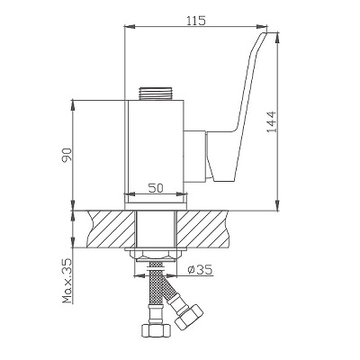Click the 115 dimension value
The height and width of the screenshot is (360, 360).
[x=196, y=21]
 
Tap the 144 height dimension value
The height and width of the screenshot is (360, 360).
[x=271, y=122]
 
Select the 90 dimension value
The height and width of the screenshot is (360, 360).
[x=67, y=155]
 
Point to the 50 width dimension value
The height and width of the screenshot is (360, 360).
[x=156, y=188]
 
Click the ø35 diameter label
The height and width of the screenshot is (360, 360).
[x=200, y=270]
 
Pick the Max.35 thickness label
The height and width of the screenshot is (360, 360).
[x=67, y=281]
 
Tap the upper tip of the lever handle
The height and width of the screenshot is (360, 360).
[x=265, y=33]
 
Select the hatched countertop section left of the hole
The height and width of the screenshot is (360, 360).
[x=110, y=229]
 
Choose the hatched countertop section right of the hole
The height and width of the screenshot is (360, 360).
[x=202, y=229]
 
